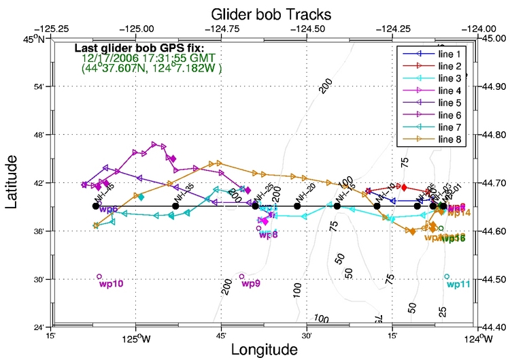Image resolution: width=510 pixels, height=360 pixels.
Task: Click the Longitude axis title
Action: point(264,349)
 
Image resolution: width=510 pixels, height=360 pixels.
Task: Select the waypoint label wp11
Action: point(458,284)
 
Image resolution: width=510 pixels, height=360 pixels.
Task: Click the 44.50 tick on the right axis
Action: point(493,280)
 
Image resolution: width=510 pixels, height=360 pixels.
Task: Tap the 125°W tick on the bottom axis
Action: point(136,337)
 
